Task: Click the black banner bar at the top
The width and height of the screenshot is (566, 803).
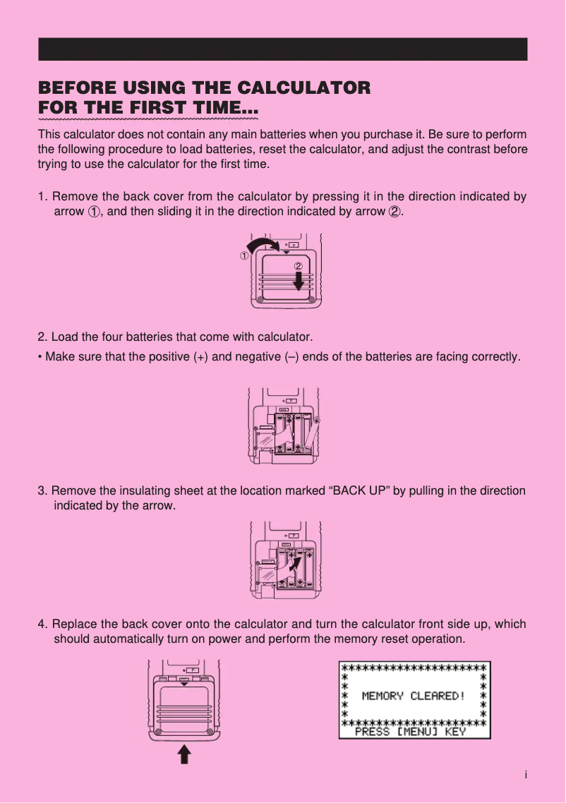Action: [x=282, y=49]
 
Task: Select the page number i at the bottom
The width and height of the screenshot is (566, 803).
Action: [x=526, y=775]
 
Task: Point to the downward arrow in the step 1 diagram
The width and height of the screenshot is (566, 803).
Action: [x=299, y=280]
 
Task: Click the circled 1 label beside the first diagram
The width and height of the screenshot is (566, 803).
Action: [x=243, y=255]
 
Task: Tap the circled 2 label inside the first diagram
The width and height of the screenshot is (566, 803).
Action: [x=298, y=266]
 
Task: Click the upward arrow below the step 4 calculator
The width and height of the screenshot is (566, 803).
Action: [x=183, y=756]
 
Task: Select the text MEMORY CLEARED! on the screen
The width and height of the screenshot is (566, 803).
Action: [x=414, y=696]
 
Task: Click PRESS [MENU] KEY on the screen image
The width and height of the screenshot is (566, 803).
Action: [x=410, y=732]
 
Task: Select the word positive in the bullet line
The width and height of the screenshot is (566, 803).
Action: [x=169, y=357]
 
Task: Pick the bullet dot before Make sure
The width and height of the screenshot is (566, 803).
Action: [x=40, y=357]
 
